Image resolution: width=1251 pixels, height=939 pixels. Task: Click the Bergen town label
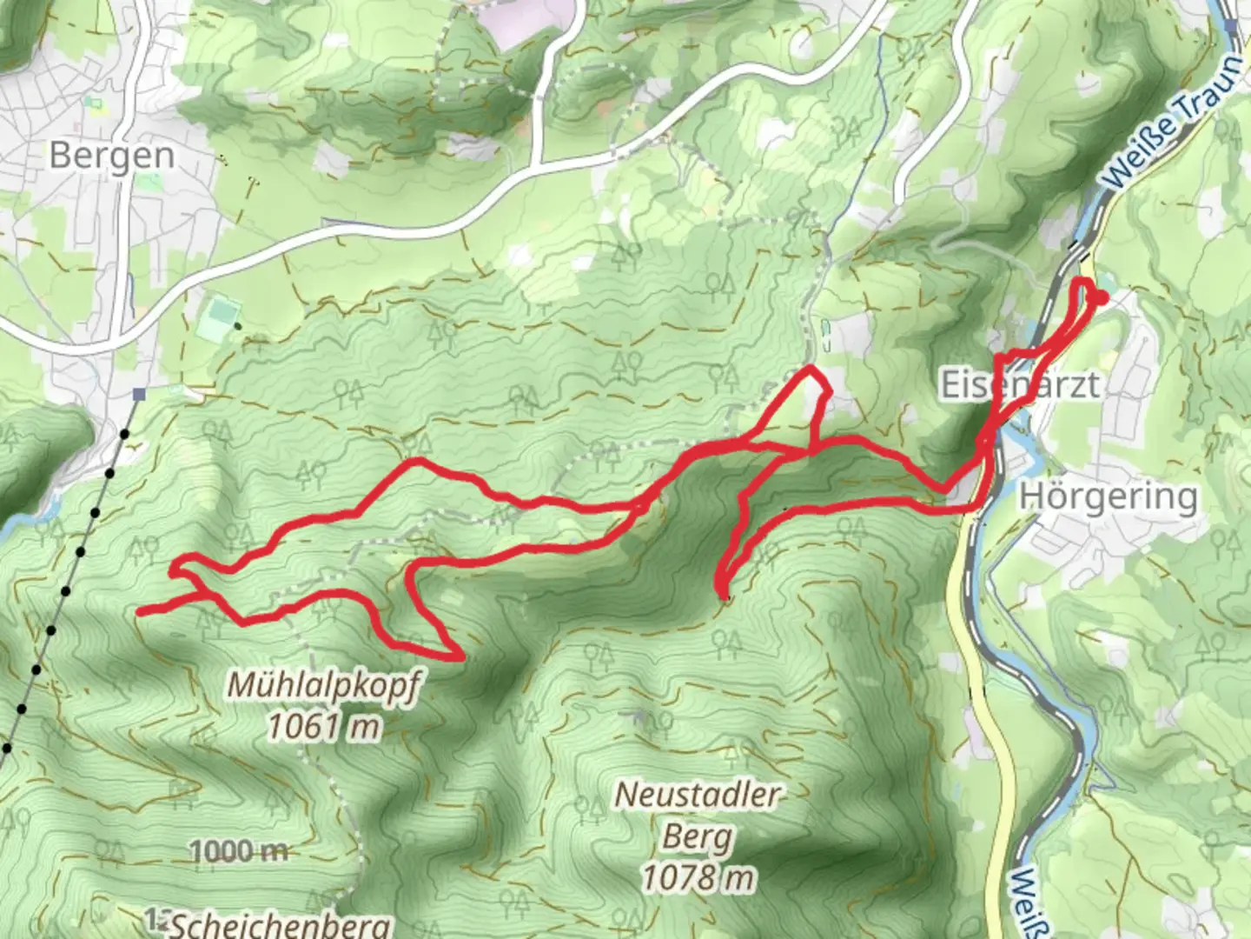[x=111, y=156]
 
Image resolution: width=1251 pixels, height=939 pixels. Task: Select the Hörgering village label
[x=1109, y=496]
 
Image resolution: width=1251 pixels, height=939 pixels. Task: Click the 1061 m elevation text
[x=323, y=724]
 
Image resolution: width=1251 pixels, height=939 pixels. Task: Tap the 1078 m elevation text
[x=698, y=878]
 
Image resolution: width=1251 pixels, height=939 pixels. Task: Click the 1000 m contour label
[x=238, y=851]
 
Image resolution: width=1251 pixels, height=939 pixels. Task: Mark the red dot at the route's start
[x=1101, y=298]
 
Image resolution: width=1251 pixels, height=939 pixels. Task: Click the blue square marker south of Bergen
[x=138, y=395]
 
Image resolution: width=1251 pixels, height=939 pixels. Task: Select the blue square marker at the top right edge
[x=1231, y=26]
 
